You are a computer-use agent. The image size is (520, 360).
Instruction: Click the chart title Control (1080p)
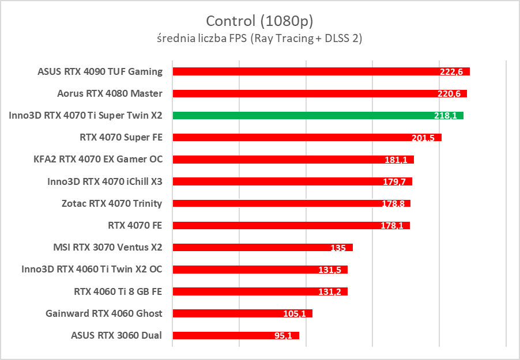click(x=259, y=21)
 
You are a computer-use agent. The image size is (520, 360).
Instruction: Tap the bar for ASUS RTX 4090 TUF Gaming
click(x=300, y=71)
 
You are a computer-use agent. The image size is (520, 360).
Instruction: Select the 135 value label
click(x=338, y=248)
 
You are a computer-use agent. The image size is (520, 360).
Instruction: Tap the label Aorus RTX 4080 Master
click(x=110, y=93)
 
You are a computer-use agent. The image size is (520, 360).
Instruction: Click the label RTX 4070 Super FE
click(x=121, y=137)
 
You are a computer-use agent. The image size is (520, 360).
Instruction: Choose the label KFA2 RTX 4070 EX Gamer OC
click(x=99, y=159)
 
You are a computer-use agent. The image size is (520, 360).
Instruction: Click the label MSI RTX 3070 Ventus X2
click(x=107, y=247)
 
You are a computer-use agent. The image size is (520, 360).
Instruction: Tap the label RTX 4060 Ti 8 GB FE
click(x=118, y=291)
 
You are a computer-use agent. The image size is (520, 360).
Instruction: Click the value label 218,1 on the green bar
click(x=446, y=116)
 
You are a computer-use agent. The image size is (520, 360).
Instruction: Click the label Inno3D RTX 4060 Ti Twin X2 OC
click(x=92, y=269)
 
